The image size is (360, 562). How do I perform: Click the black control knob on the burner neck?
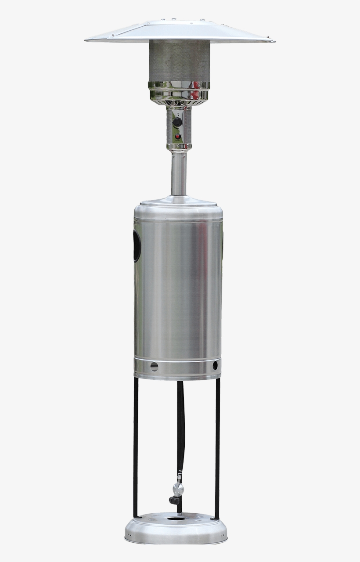tap(177, 122)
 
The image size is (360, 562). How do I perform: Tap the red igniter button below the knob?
tap(178, 137)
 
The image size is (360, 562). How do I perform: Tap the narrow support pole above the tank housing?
tap(179, 173)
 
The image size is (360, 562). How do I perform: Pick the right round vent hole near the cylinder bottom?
tap(215, 365)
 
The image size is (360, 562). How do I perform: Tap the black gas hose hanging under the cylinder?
tap(180, 421)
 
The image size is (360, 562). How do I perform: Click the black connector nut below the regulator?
tap(173, 500)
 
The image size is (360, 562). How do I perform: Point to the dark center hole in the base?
tap(176, 519)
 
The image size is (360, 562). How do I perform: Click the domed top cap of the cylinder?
tap(178, 203)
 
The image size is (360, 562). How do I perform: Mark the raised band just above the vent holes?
tap(178, 359)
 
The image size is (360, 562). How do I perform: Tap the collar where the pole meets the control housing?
tap(179, 147)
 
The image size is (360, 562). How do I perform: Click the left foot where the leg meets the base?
tap(137, 516)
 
